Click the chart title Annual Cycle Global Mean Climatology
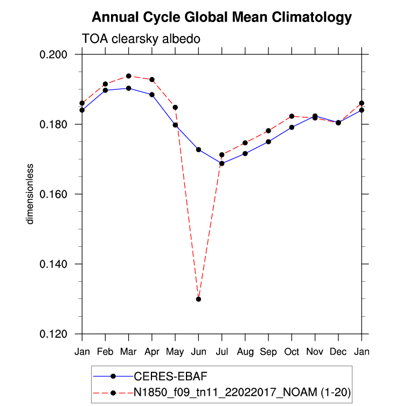click(221, 17)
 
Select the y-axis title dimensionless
click(31, 194)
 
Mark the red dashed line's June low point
click(198, 299)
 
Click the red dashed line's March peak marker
click(128, 76)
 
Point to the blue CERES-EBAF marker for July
click(221, 163)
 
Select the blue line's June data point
click(198, 149)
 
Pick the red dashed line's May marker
click(175, 108)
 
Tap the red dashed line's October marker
click(292, 116)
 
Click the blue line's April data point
click(152, 95)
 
